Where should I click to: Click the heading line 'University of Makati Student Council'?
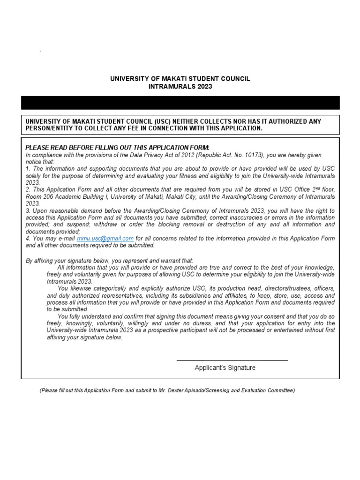click(180, 79)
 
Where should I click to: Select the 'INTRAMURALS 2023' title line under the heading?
click(180, 87)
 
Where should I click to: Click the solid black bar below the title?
click(180, 103)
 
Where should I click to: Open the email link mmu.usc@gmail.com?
click(105, 239)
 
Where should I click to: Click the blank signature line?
click(232, 360)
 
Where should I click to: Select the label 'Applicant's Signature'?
click(225, 368)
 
